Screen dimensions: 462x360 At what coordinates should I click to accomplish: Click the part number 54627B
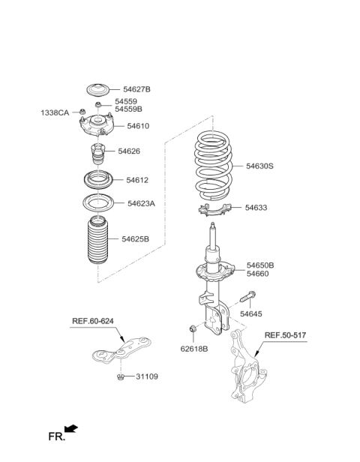(136, 89)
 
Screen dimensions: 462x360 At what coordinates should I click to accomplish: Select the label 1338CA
(55, 112)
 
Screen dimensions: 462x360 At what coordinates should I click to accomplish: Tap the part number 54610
(137, 126)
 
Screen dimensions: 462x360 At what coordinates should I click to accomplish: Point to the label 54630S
(259, 166)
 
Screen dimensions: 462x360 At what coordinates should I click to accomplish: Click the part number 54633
(257, 207)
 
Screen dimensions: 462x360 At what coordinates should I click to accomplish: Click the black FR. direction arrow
(71, 429)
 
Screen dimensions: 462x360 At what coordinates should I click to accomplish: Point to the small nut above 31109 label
(121, 376)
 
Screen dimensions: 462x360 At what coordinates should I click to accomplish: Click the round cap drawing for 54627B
(97, 90)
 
